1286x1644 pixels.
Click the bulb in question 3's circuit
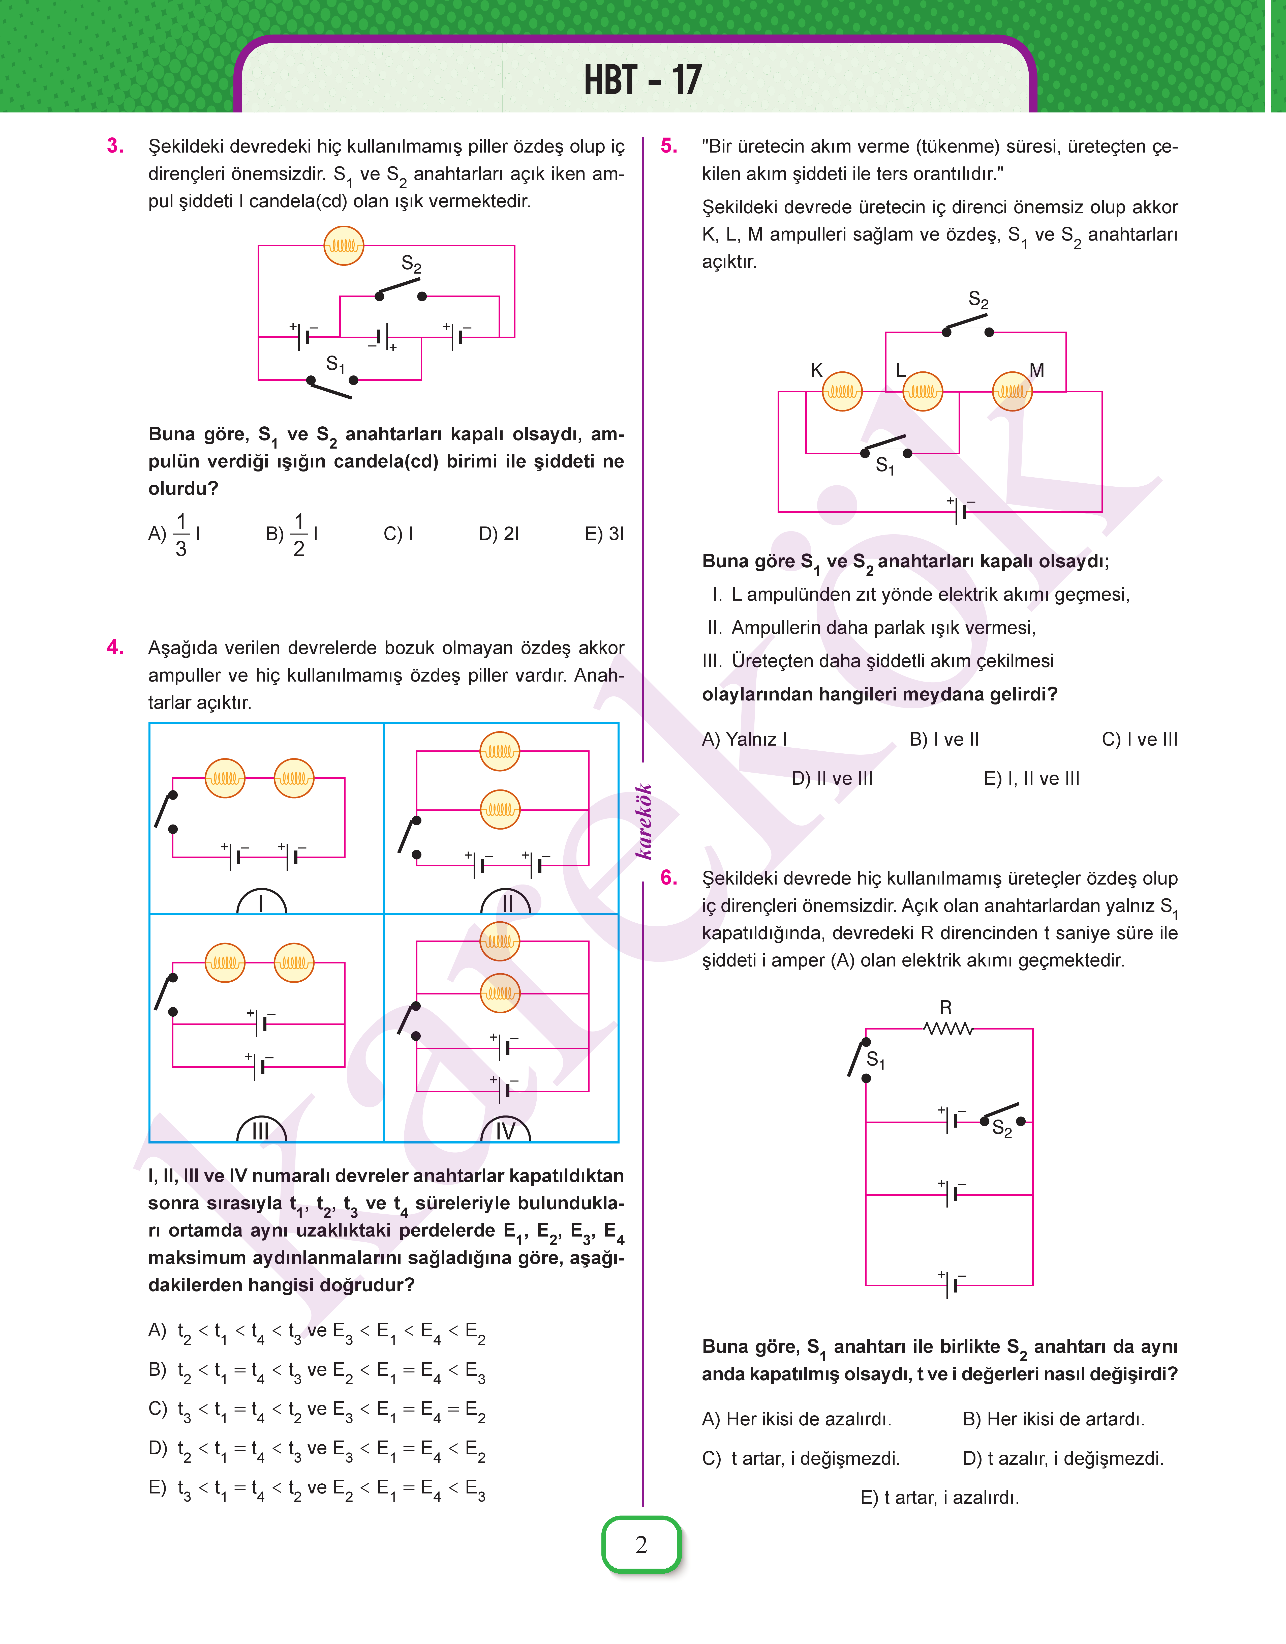tap(343, 246)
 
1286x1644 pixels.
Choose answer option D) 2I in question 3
tap(499, 534)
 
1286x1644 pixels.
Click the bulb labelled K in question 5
tap(842, 392)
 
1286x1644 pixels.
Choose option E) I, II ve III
tap(1031, 779)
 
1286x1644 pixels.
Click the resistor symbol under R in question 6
tap(948, 1029)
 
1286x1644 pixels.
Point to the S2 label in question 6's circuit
tap(1002, 1128)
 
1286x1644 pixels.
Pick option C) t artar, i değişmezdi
tap(801, 1459)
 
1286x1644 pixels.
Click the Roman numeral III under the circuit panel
tap(261, 1131)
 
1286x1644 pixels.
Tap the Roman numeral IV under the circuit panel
tap(505, 1131)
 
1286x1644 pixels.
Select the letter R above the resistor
tap(946, 1008)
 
